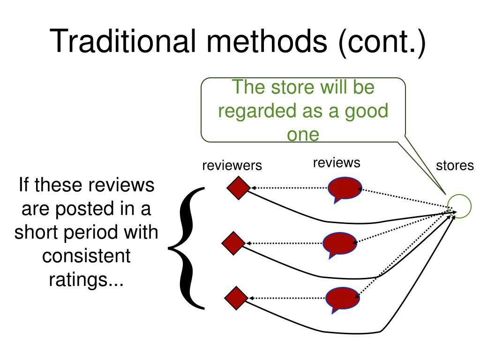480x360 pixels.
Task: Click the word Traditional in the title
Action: pyautogui.click(x=123, y=41)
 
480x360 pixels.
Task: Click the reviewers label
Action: pyautogui.click(x=232, y=165)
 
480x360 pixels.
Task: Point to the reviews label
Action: pyautogui.click(x=337, y=163)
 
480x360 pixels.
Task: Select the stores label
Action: pyautogui.click(x=455, y=165)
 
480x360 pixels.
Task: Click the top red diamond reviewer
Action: pyautogui.click(x=239, y=188)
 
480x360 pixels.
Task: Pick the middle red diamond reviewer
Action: pyautogui.click(x=233, y=243)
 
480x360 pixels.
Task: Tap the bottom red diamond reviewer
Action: pyautogui.click(x=236, y=298)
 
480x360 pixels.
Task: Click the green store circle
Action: pyautogui.click(x=459, y=206)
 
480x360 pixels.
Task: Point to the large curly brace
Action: pyautogui.click(x=186, y=248)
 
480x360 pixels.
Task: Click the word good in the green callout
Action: pyautogui.click(x=367, y=112)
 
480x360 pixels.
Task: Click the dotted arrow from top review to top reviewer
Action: pyautogui.click(x=289, y=187)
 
